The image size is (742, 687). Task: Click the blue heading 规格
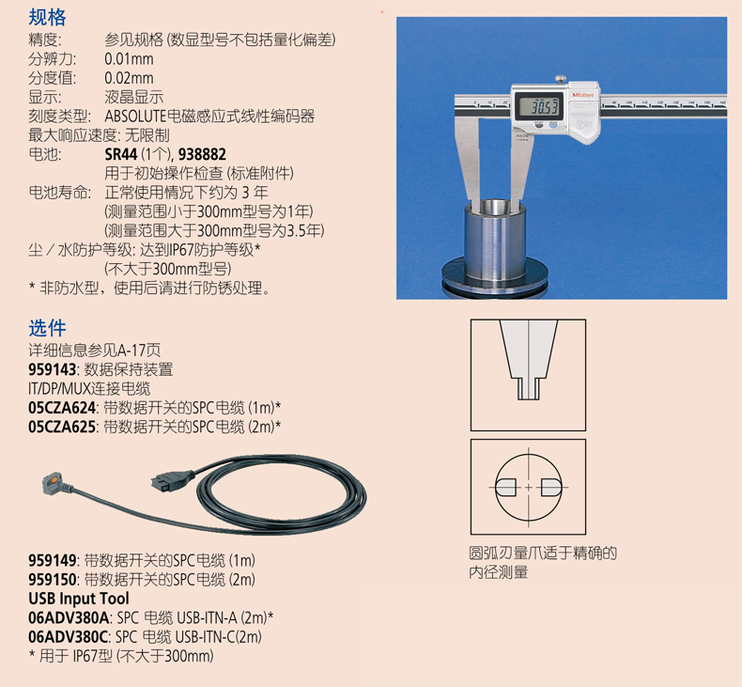point(47,17)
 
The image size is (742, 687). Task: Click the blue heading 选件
point(47,328)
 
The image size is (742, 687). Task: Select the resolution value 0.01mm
point(129,59)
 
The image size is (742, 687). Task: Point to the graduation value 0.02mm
point(129,78)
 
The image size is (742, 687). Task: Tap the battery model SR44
point(120,154)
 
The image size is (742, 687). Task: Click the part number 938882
point(202,154)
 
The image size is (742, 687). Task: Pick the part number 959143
point(52,369)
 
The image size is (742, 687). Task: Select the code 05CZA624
point(62,408)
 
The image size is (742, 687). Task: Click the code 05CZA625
point(62,427)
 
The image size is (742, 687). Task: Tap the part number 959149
point(52,560)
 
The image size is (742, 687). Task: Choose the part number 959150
point(52,580)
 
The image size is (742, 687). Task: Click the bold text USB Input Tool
point(79,599)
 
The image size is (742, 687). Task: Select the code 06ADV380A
point(70,617)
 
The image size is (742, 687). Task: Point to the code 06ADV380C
point(69,637)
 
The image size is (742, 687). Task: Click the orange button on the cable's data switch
point(54,480)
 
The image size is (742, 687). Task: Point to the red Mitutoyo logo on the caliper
point(583,95)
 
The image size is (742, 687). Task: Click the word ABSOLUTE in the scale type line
point(135,117)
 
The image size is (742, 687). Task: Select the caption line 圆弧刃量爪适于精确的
point(543,553)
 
